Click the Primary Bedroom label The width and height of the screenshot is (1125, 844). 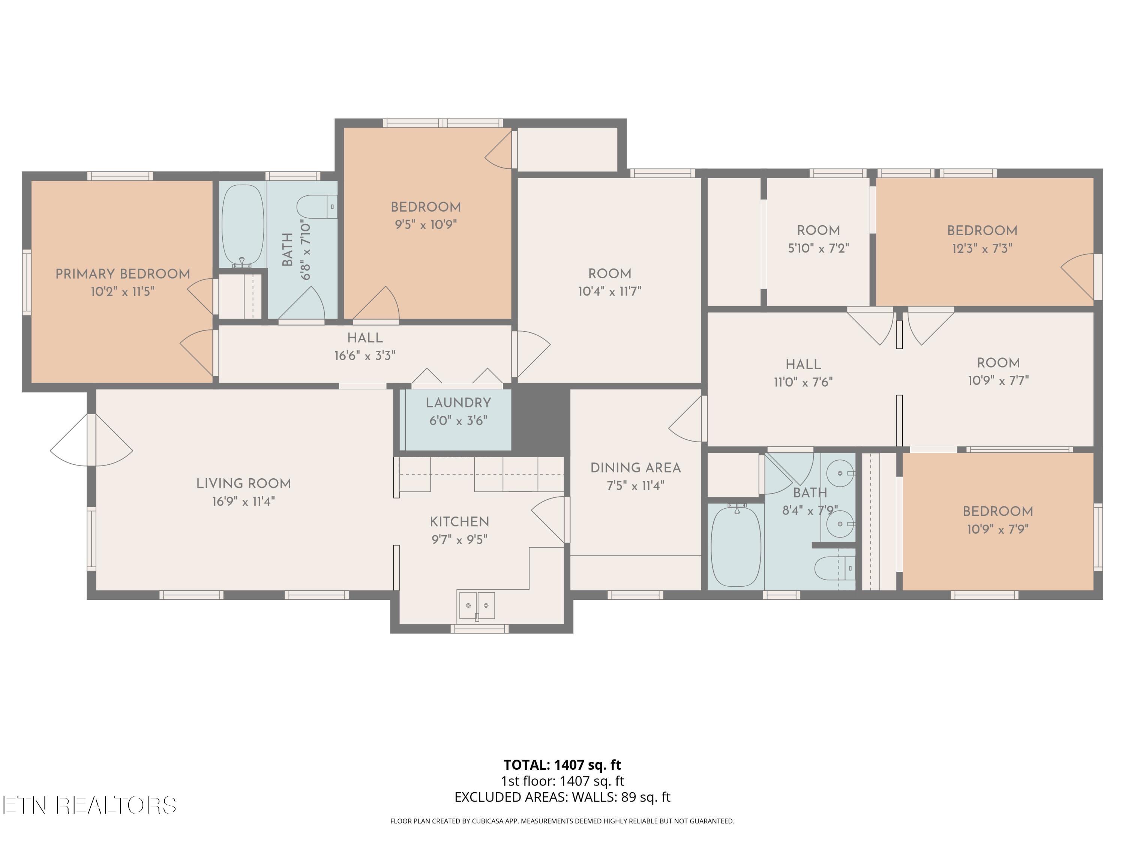click(123, 274)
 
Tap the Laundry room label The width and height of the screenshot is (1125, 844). click(458, 403)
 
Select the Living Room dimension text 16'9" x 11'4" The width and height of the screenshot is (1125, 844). click(244, 502)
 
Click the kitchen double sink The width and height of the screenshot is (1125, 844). click(477, 605)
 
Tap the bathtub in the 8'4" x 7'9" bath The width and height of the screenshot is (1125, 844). click(736, 545)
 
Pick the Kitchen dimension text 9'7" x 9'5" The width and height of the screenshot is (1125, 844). click(459, 540)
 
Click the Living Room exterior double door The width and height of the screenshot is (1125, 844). click(91, 440)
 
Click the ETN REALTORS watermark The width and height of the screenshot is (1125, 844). click(90, 805)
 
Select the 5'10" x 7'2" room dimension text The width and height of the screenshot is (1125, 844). click(818, 248)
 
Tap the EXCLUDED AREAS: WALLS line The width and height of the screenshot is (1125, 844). click(562, 797)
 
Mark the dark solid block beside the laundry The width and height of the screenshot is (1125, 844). click(541, 420)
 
